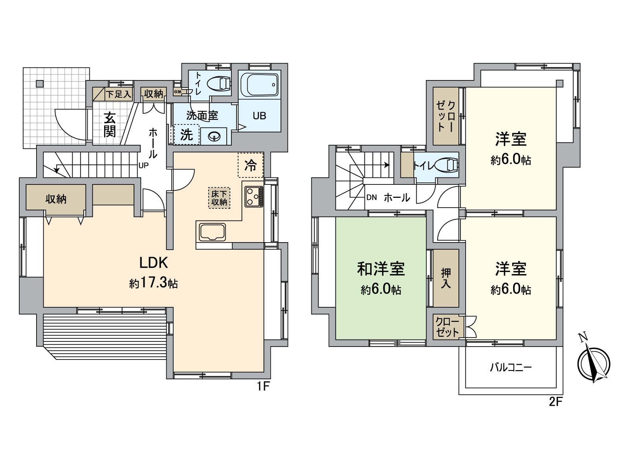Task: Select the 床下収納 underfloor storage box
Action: point(219,197)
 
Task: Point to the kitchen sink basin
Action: point(212,232)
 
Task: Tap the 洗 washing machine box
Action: point(187,135)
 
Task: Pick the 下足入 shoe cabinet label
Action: point(118,95)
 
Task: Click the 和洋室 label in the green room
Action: point(381,269)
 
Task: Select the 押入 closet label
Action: point(446,278)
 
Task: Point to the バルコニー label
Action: point(511,368)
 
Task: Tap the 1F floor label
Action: point(263,387)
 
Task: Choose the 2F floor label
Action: point(556,402)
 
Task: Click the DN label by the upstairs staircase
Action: point(372,197)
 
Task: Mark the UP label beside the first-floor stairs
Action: point(143,165)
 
